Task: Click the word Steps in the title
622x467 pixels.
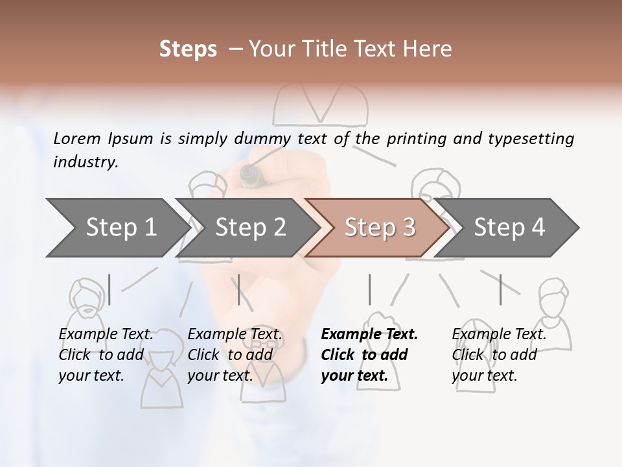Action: point(188,49)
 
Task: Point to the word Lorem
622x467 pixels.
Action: point(77,138)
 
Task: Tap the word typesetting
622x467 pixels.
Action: point(531,139)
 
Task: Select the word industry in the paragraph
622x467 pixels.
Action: point(86,162)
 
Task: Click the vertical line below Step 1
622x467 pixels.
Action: point(109,289)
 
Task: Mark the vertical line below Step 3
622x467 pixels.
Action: point(369,289)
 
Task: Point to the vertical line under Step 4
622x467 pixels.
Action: point(500,289)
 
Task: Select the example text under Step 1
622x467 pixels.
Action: point(106,354)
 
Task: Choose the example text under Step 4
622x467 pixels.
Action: point(498,354)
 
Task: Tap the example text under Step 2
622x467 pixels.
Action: point(235,354)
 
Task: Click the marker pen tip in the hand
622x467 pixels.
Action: point(248,173)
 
